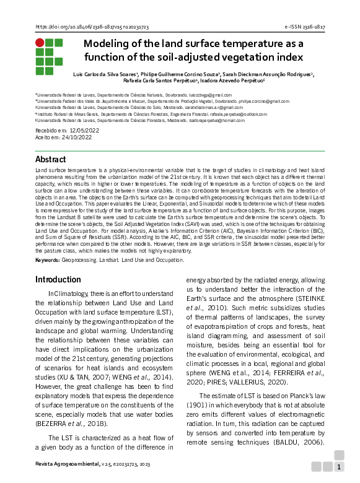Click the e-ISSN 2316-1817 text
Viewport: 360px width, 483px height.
coord(304,27)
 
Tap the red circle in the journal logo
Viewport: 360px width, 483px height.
coord(40,43)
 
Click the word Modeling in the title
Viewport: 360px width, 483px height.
coord(108,44)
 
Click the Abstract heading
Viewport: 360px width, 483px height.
coord(50,159)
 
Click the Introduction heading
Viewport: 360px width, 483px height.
coord(58,279)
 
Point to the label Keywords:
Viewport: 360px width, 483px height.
coord(48,259)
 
